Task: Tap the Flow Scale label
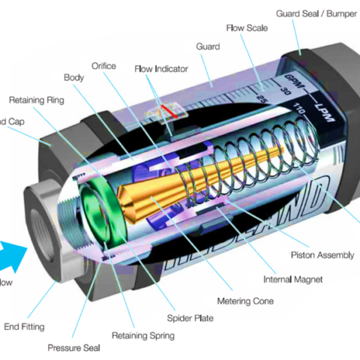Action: coord(247,28)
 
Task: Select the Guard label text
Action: coord(208,46)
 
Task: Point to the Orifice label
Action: coord(103,65)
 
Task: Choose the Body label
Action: coord(73,77)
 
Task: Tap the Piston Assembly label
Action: coord(322,255)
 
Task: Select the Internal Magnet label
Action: coord(292,280)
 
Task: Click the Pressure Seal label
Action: coord(73,348)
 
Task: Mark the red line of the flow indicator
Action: coord(169,114)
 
